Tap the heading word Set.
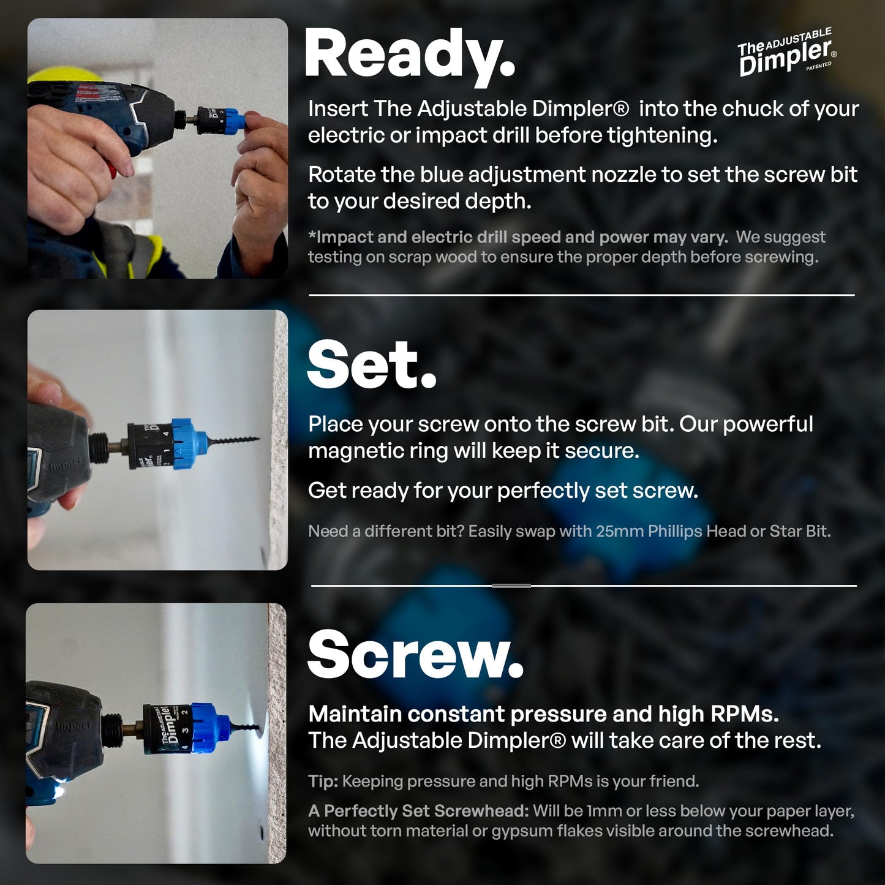pos(371,365)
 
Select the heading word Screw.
pos(415,655)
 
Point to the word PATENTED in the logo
pos(819,66)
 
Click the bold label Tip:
pos(323,781)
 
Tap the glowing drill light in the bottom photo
pos(59,793)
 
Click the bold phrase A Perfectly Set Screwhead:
pos(418,811)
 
